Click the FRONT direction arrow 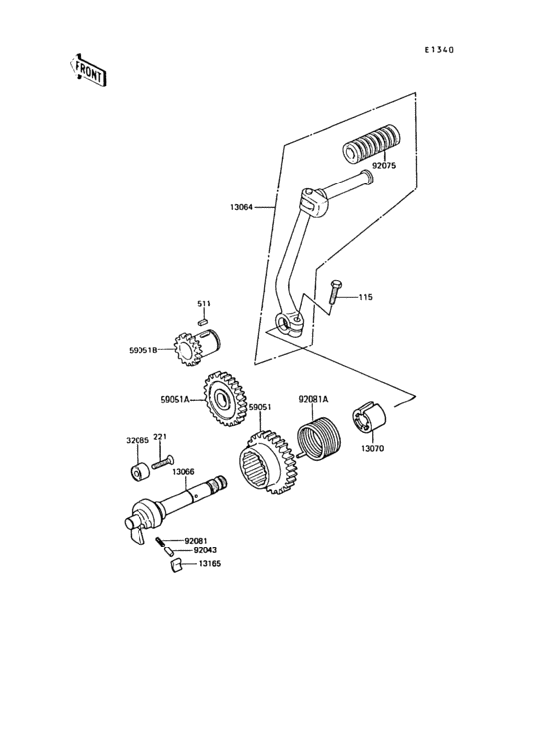click(x=88, y=69)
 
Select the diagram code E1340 click(x=438, y=48)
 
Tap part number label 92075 click(x=384, y=166)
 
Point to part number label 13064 click(x=240, y=208)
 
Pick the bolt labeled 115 click(x=335, y=291)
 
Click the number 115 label click(x=366, y=298)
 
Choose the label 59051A click(x=175, y=399)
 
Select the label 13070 click(x=372, y=450)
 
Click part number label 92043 click(x=205, y=550)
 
